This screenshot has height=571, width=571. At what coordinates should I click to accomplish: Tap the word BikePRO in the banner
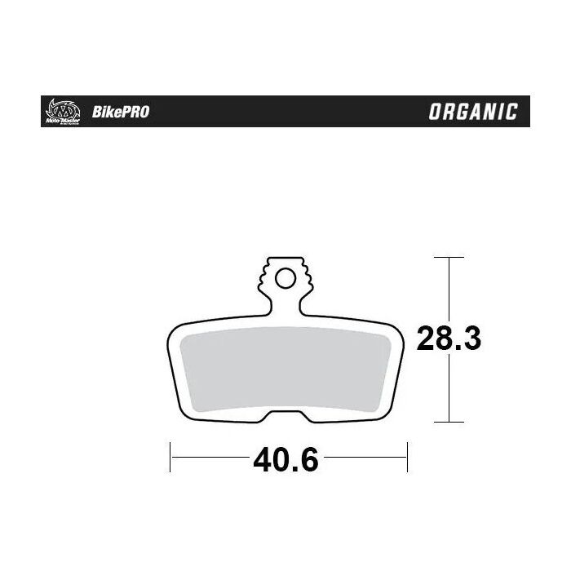click(x=126, y=112)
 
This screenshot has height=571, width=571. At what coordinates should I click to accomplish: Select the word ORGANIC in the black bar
click(x=473, y=112)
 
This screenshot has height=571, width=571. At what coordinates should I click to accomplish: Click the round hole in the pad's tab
click(x=285, y=280)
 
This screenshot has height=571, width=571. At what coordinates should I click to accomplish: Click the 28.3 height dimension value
click(x=449, y=339)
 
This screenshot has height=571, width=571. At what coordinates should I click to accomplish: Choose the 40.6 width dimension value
click(x=285, y=461)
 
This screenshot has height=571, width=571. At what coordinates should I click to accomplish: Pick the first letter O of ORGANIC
click(x=436, y=112)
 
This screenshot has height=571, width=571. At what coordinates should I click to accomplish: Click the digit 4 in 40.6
click(x=263, y=461)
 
